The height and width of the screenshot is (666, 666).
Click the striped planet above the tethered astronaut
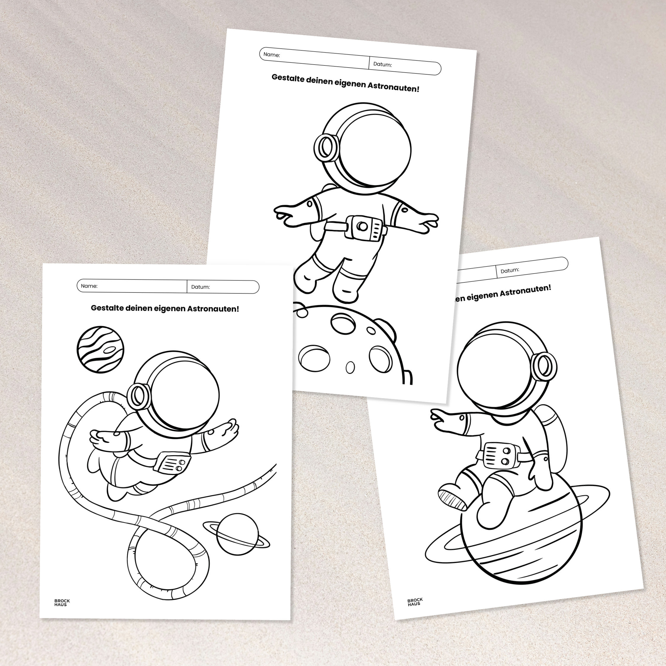pos(100,350)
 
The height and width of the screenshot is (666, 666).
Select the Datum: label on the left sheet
pos(200,287)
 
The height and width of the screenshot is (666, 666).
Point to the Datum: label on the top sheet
pos(382,64)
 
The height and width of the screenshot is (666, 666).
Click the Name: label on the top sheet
pos(272,54)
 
